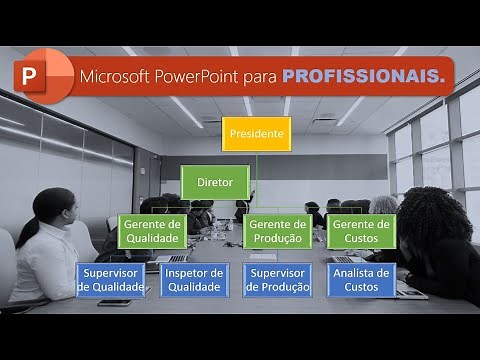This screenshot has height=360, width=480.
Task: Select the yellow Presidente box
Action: (x=257, y=133)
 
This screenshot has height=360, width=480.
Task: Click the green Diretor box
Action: (x=215, y=183)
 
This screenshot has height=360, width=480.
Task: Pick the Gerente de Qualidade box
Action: (x=153, y=231)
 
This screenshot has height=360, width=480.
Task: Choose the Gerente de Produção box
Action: (x=277, y=231)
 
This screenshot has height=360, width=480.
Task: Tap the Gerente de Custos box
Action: (x=361, y=231)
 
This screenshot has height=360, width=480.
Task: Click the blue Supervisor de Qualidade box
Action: (x=111, y=280)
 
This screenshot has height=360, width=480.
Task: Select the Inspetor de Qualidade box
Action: (x=193, y=280)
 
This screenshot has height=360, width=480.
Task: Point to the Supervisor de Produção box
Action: (x=277, y=280)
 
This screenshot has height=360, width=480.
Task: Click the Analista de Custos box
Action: (x=361, y=280)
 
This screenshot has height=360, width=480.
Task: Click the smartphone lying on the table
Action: (x=113, y=302)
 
